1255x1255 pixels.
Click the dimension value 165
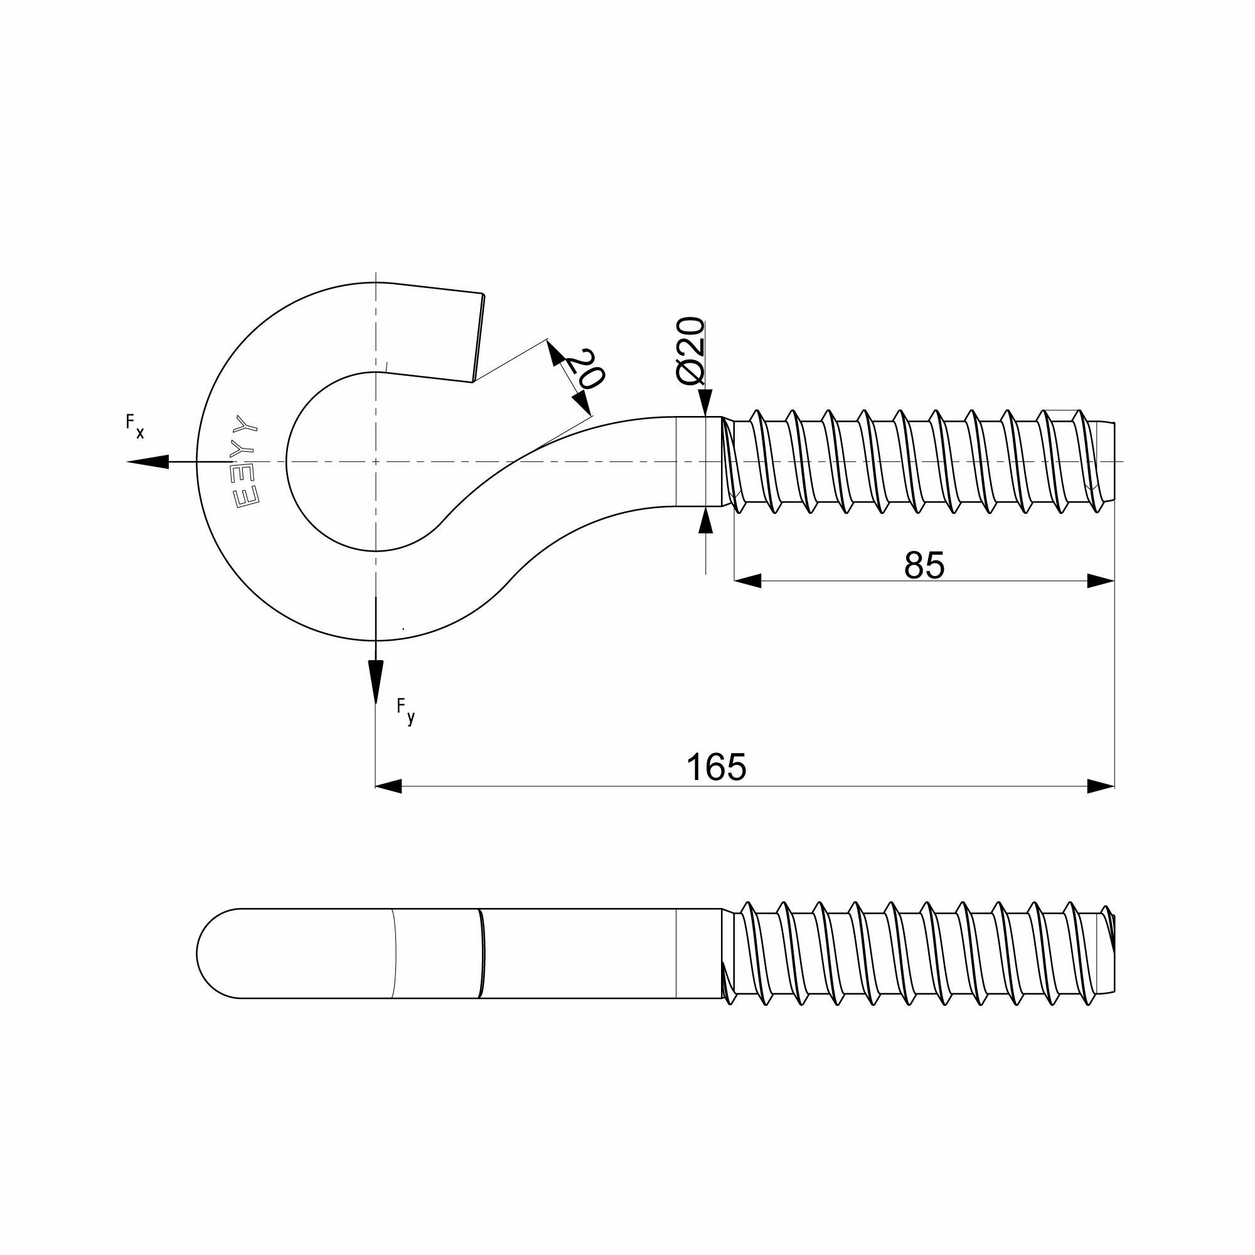[x=717, y=767]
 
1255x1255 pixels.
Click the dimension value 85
[x=924, y=565]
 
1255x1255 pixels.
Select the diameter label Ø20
[x=690, y=351]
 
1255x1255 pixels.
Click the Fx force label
[x=135, y=426]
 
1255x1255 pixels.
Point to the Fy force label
[x=405, y=712]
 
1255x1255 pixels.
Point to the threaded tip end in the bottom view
[x=1112, y=953]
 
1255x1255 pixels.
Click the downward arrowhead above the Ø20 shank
[x=705, y=403]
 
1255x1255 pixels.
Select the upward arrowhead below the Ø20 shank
[x=705, y=521]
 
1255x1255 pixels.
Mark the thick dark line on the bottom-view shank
[x=482, y=953]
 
